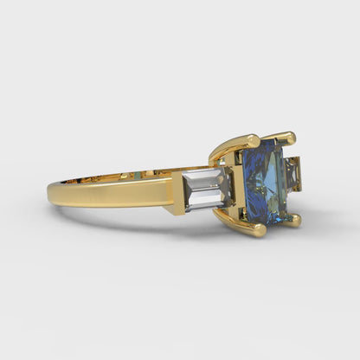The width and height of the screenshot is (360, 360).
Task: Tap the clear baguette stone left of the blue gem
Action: click(x=206, y=190)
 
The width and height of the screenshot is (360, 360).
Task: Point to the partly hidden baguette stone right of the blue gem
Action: click(x=295, y=174)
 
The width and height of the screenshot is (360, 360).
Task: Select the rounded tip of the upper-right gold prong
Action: click(x=289, y=137)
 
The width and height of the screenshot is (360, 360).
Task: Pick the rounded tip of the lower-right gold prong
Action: click(x=295, y=220)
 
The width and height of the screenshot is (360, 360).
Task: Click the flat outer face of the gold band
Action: click(x=112, y=192)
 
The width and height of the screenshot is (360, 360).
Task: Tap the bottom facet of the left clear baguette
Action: click(x=206, y=204)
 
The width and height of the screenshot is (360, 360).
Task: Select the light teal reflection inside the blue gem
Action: click(x=273, y=177)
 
